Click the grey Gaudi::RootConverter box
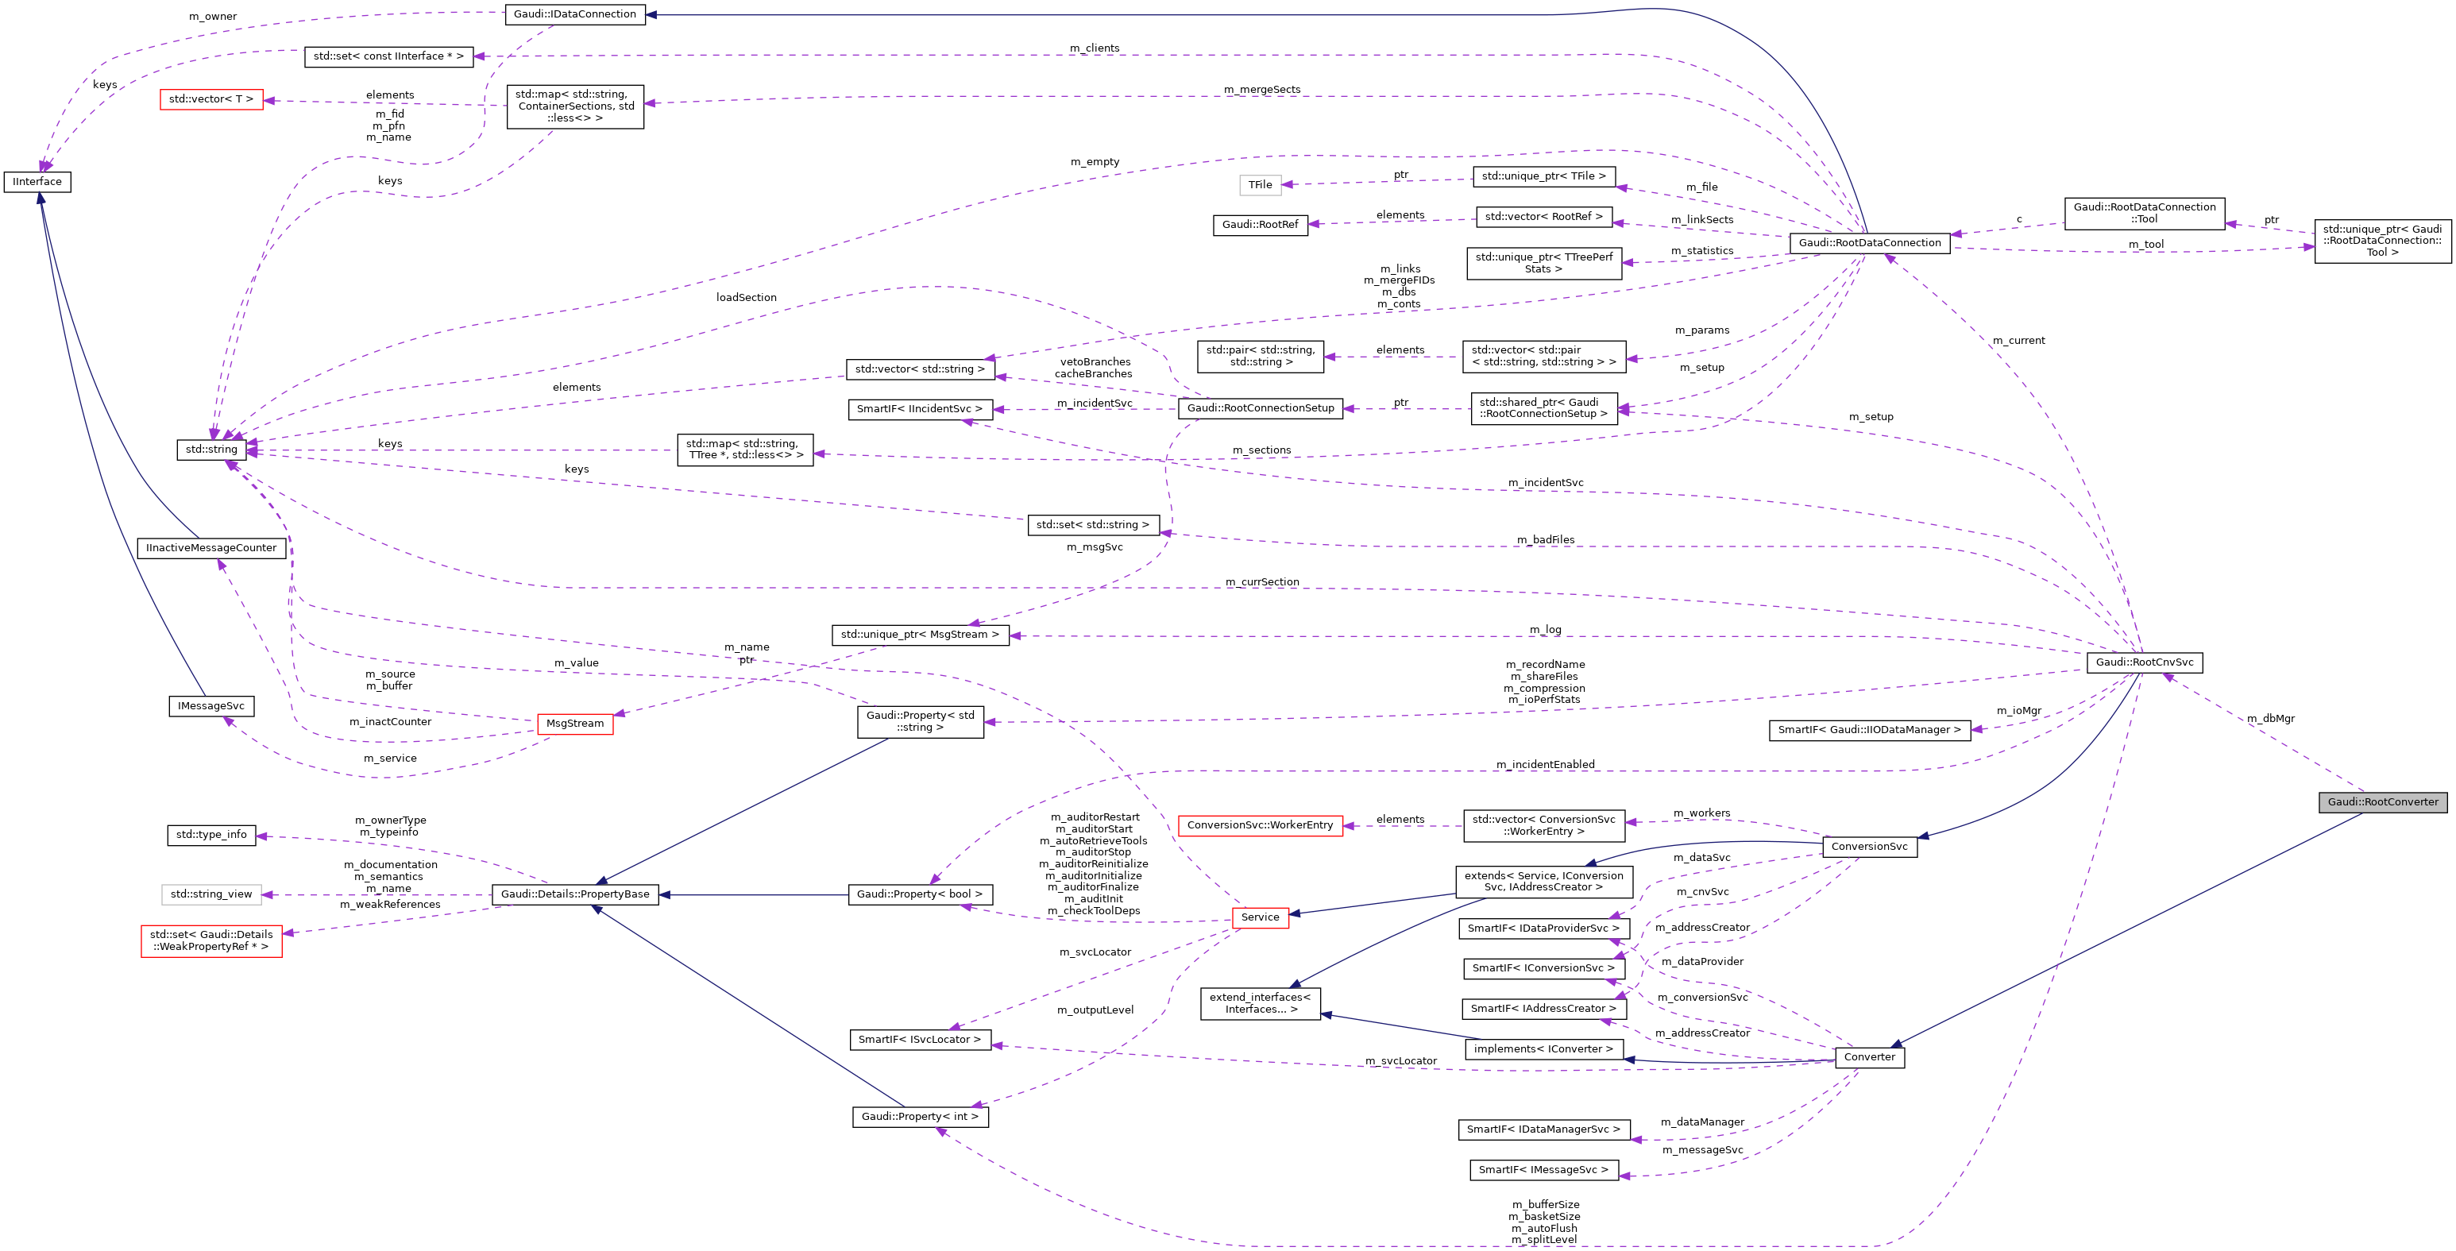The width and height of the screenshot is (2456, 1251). coord(2383,802)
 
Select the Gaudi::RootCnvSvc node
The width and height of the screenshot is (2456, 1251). coord(2144,662)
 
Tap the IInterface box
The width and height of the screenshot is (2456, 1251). coord(37,181)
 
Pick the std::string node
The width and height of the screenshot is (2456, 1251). coord(210,449)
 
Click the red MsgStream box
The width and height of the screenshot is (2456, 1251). coord(575,724)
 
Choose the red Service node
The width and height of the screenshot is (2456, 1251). coord(1260,917)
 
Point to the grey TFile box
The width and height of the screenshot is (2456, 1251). coord(1260,185)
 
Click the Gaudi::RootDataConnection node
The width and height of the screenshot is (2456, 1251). coord(1869,243)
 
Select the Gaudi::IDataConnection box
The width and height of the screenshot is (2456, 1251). coord(574,14)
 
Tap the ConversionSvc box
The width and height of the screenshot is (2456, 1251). coord(1869,847)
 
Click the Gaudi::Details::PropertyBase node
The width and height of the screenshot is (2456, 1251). coord(575,894)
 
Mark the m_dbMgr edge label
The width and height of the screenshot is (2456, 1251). coord(2270,719)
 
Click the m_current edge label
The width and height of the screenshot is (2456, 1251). coord(2018,341)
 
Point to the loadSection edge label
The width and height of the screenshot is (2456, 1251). coord(746,298)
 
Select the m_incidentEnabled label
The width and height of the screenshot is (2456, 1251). coord(1545,765)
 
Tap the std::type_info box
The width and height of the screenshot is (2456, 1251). coord(210,836)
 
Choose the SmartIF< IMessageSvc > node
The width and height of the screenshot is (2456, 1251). coord(1543,1170)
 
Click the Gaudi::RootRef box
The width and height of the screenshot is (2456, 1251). coord(1260,225)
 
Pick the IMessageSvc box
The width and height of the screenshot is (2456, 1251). coord(210,707)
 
